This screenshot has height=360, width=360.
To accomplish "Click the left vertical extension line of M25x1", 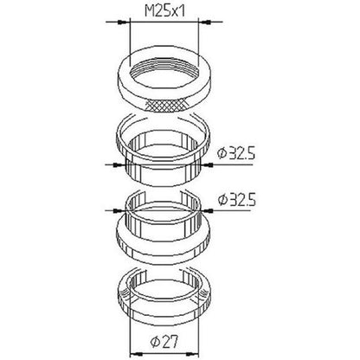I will click(129, 43).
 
